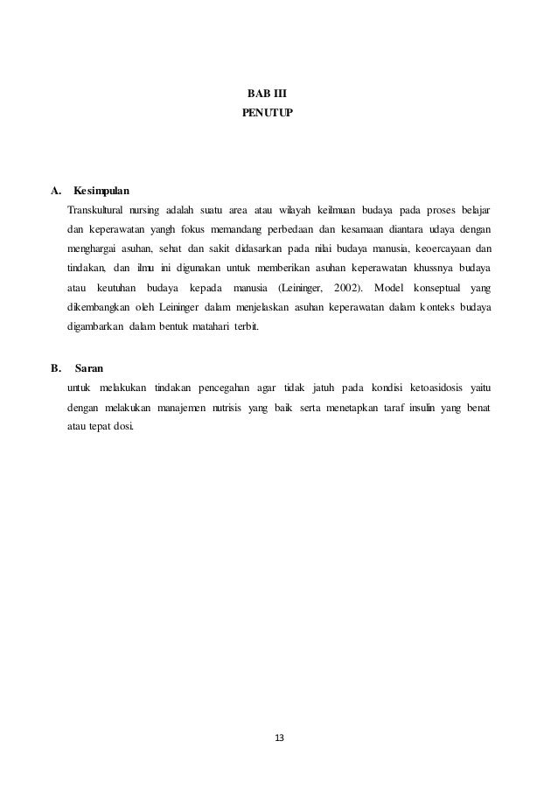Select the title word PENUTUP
point(262,114)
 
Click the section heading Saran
point(89,368)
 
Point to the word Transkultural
point(94,211)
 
